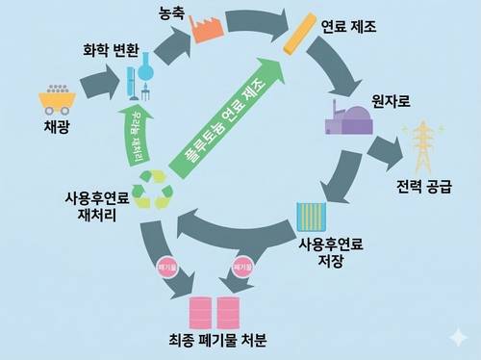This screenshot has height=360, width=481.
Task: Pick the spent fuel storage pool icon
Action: pyautogui.click(x=309, y=217)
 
